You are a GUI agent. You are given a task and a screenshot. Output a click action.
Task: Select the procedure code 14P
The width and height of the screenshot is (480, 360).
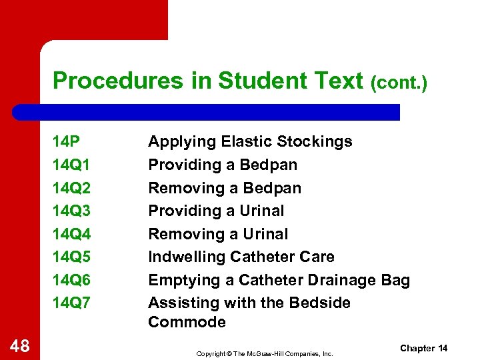pos(66,141)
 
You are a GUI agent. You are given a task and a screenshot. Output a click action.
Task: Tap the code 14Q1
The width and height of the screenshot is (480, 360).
pos(71,165)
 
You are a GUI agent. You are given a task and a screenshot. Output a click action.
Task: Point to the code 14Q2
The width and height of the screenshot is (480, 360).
pos(71,188)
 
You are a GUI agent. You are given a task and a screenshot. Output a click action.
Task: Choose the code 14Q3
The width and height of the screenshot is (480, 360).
pos(71,211)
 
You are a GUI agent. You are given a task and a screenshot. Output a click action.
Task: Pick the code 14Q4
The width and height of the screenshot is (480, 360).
pos(71,234)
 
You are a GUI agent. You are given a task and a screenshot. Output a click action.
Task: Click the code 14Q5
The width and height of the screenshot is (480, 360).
pos(71,257)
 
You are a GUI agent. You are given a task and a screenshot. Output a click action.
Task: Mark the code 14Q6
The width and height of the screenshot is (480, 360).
pos(71,280)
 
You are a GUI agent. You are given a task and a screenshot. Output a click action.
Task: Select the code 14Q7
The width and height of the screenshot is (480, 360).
pos(71,303)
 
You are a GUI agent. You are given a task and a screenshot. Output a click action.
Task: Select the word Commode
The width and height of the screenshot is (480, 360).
pos(187,322)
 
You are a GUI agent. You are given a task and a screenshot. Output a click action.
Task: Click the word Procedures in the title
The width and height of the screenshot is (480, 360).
pos(104,81)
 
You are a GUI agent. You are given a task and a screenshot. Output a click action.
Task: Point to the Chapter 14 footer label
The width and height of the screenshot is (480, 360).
pos(424,349)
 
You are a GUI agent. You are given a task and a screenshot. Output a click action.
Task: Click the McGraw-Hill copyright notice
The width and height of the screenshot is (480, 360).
pos(264,353)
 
